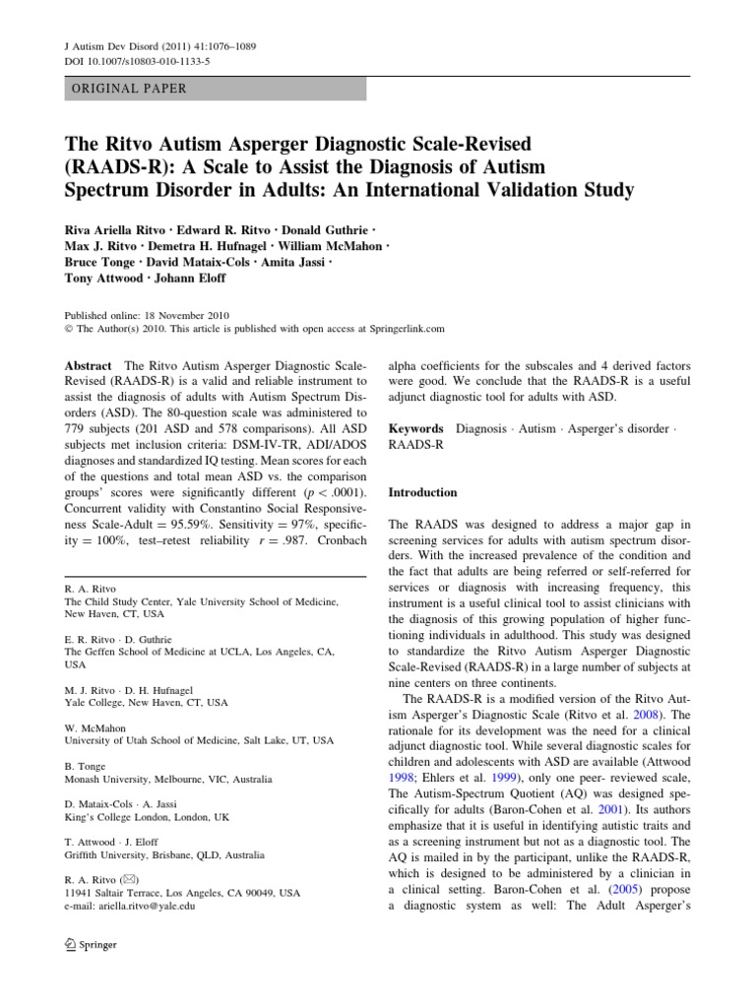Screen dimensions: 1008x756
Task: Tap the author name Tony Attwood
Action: tap(103, 278)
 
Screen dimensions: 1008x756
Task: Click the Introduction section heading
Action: tap(423, 492)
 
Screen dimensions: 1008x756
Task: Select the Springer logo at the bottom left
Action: tap(90, 945)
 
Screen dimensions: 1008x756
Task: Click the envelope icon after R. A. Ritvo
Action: tap(129, 879)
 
